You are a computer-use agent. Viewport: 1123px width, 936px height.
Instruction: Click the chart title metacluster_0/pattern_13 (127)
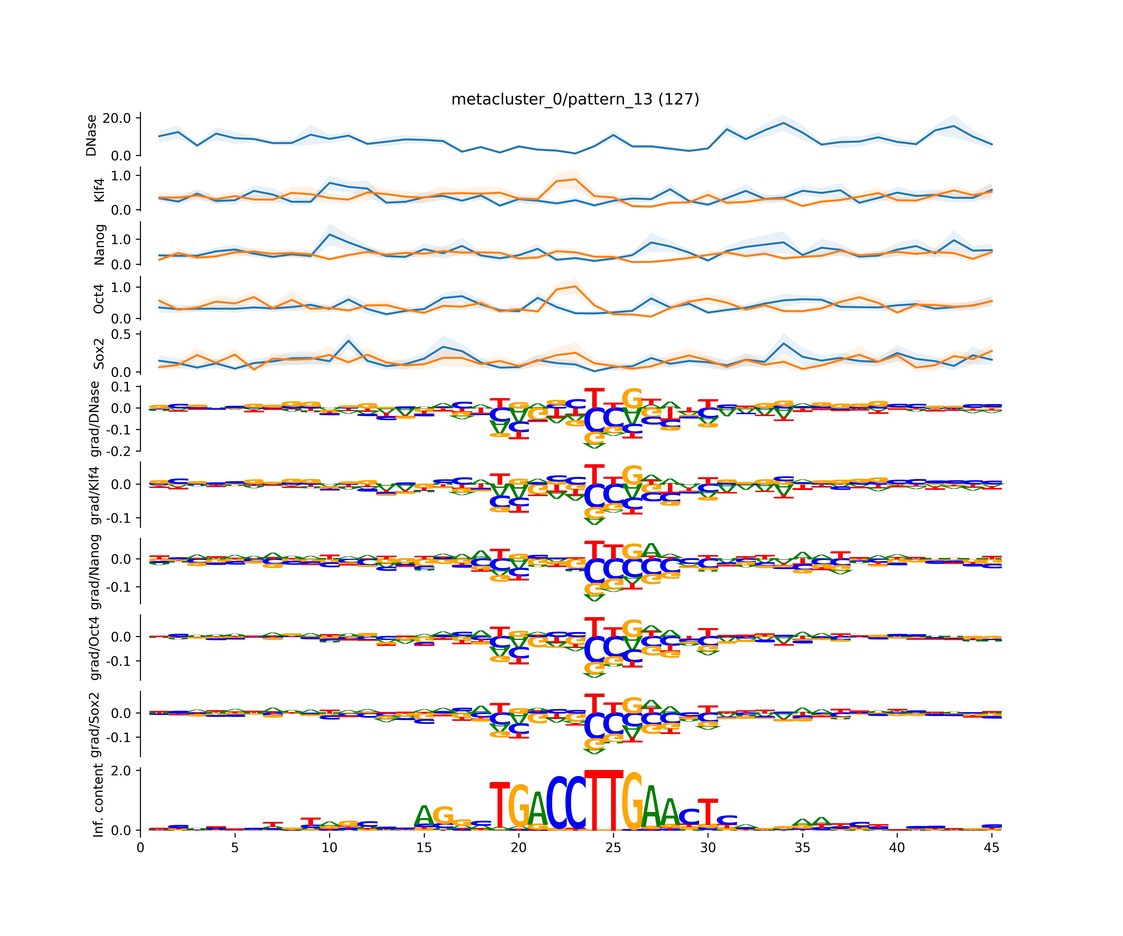pos(575,100)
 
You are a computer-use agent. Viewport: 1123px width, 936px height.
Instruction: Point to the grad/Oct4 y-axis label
pos(95,648)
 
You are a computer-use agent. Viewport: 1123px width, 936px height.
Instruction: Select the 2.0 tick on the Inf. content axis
pos(120,771)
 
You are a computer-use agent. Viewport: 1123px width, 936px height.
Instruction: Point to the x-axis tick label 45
pos(992,848)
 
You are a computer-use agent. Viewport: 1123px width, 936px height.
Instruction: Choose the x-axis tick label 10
pos(329,848)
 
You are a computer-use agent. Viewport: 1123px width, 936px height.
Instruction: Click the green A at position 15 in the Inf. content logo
pos(424,816)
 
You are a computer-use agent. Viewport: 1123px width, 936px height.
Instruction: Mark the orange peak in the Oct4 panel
pos(575,286)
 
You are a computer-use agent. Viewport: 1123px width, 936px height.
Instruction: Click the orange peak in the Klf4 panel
pos(575,179)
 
